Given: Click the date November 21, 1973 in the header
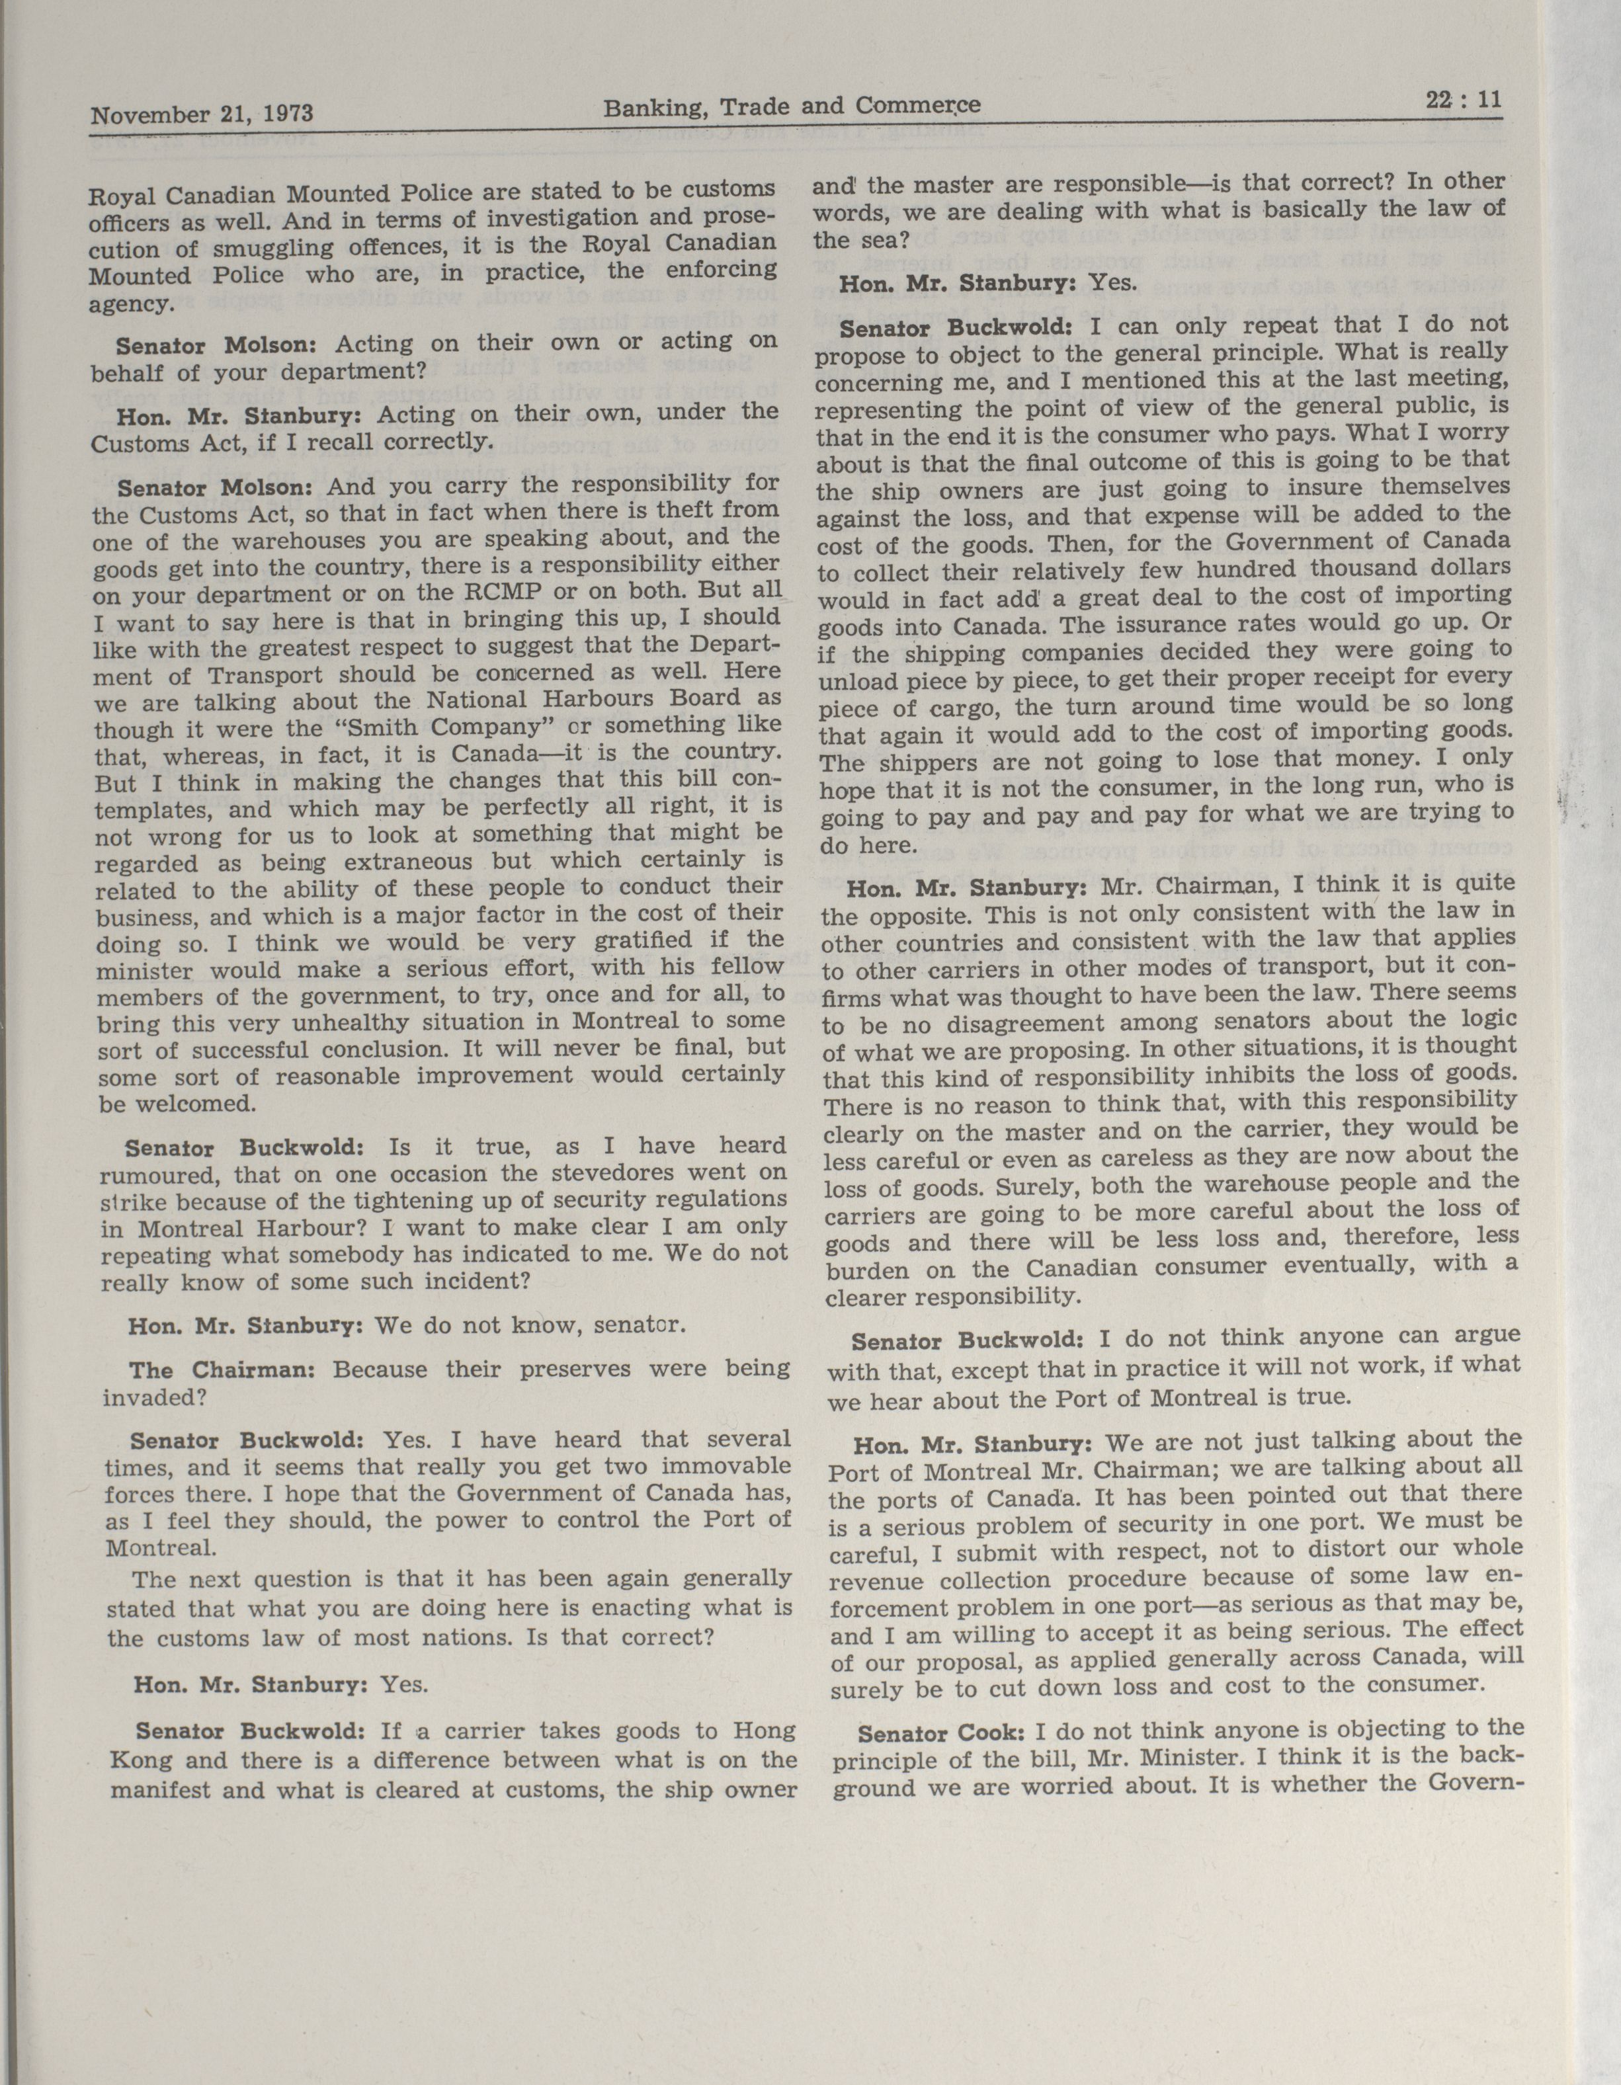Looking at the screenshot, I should click(x=202, y=114).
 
